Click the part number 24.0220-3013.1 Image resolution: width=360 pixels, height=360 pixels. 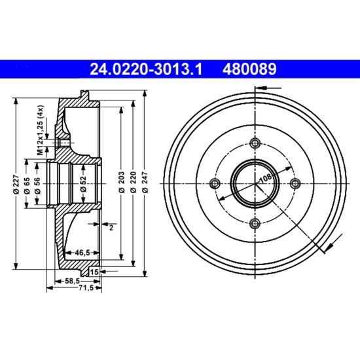(146, 69)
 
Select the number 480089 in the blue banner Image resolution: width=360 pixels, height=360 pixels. (249, 69)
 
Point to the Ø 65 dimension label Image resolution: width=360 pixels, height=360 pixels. (27, 185)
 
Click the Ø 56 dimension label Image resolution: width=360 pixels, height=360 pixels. (37, 185)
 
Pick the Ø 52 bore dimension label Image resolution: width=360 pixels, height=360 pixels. (83, 184)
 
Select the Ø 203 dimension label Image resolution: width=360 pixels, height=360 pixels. (122, 181)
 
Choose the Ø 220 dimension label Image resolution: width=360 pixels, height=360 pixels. (133, 181)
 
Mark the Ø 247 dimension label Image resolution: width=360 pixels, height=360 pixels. (145, 181)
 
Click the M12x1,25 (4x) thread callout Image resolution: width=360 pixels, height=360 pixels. (41, 130)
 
